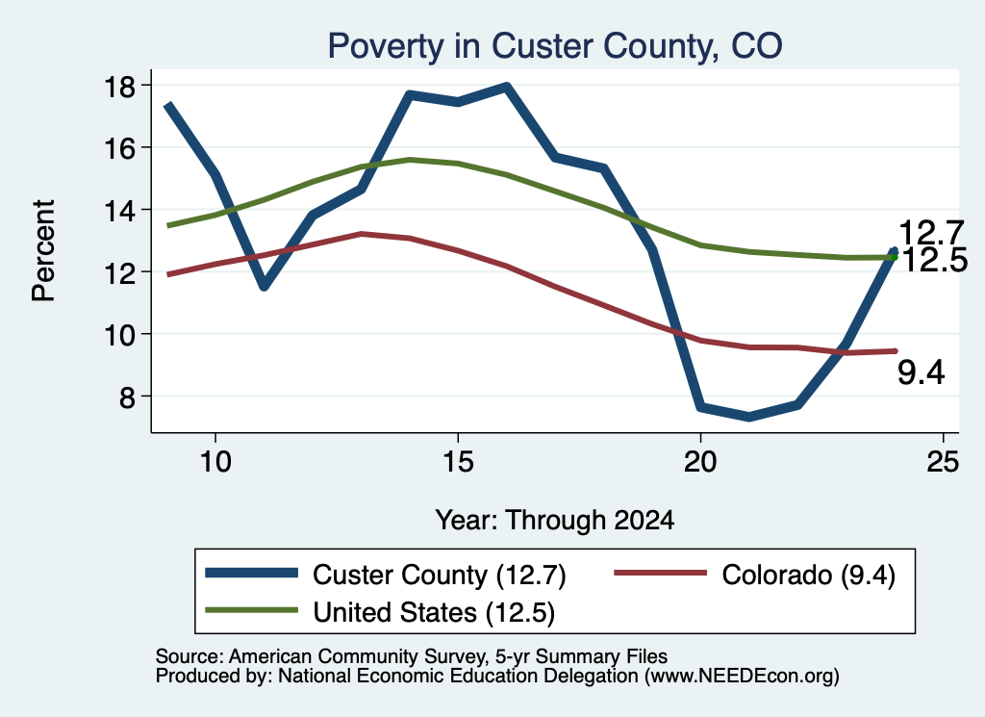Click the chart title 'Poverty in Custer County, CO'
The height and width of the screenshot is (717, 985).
[x=555, y=46]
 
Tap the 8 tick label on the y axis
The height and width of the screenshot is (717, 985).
[x=127, y=397]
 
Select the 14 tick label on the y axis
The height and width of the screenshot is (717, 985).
[x=118, y=211]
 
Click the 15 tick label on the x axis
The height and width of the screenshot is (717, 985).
[x=458, y=462]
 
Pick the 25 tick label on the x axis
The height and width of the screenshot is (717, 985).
[x=943, y=462]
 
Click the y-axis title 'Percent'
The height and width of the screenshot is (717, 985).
[x=43, y=251]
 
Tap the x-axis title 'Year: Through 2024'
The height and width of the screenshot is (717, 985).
[x=555, y=521]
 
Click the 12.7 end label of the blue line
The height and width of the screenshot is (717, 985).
[x=931, y=233]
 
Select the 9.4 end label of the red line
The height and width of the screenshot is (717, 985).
[x=921, y=372]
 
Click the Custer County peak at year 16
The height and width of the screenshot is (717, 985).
[x=506, y=87]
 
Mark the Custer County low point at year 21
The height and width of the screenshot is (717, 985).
[x=748, y=417]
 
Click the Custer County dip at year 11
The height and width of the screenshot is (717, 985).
[x=264, y=287]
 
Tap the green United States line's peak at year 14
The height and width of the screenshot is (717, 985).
[x=410, y=160]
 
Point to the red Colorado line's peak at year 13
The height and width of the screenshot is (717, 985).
[x=362, y=234]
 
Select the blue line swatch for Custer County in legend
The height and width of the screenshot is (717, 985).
[x=251, y=573]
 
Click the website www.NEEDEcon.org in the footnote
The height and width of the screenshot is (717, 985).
[x=742, y=677]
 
